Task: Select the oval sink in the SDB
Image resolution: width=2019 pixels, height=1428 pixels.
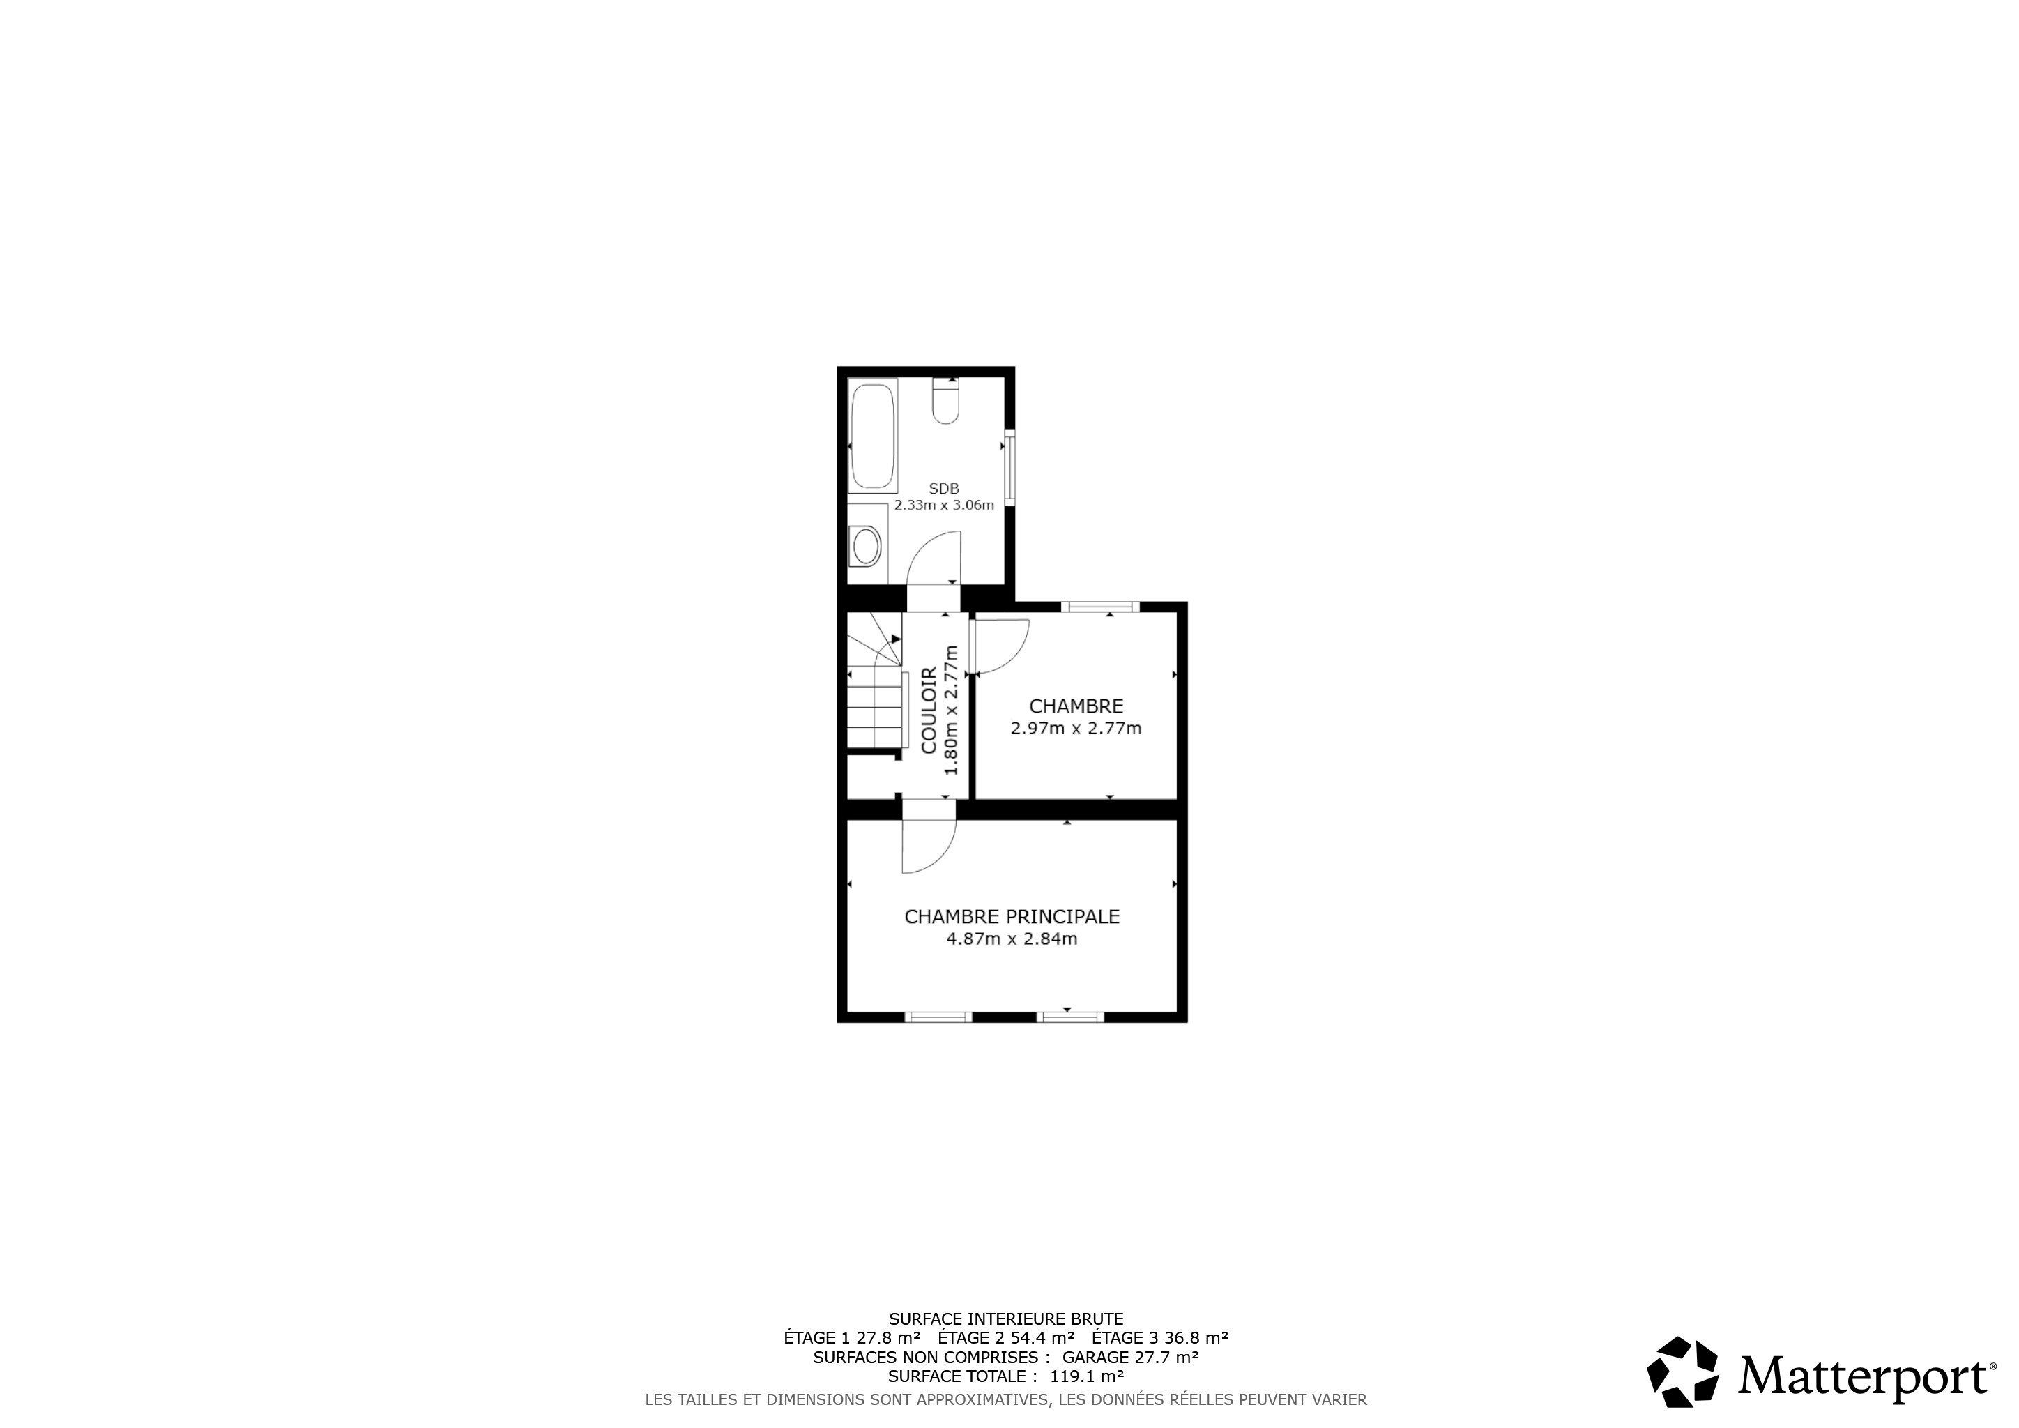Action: pos(867,547)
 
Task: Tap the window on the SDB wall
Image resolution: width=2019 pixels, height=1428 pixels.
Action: pos(1009,467)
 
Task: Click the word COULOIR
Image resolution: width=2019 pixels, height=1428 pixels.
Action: pos(929,711)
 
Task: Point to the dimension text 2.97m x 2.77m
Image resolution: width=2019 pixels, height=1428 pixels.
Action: pos(1076,729)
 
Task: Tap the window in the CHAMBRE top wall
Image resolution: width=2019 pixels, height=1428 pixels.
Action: pos(1100,607)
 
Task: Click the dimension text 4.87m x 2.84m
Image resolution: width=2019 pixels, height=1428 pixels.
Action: pos(1012,939)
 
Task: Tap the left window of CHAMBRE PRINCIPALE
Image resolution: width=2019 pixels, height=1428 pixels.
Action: pos(938,1017)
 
